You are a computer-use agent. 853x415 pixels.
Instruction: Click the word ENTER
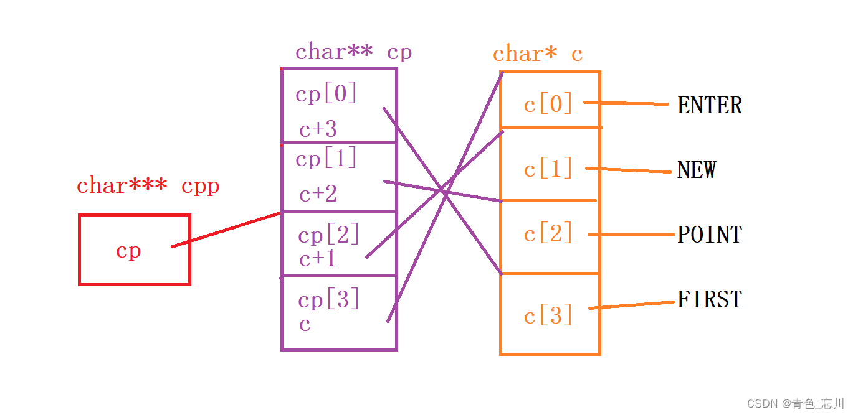pyautogui.click(x=710, y=106)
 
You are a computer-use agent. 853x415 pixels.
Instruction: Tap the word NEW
pyautogui.click(x=697, y=170)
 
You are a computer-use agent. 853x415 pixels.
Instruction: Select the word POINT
pyautogui.click(x=710, y=235)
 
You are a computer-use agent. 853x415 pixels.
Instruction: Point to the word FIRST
pyautogui.click(x=710, y=300)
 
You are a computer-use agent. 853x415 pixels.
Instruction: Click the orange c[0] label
pyautogui.click(x=548, y=105)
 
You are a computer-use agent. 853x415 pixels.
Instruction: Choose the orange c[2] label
pyautogui.click(x=548, y=235)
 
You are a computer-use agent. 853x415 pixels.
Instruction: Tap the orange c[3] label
pyautogui.click(x=548, y=317)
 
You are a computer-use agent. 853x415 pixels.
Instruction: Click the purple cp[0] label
pyautogui.click(x=326, y=95)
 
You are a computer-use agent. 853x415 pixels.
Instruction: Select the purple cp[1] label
pyautogui.click(x=326, y=159)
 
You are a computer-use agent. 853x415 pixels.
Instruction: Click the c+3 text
pyautogui.click(x=318, y=129)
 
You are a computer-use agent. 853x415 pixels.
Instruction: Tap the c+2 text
pyautogui.click(x=318, y=195)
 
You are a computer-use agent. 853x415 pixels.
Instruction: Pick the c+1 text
pyautogui.click(x=318, y=259)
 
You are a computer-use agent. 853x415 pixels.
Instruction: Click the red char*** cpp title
pyautogui.click(x=148, y=186)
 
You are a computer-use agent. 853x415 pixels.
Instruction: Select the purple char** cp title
pyautogui.click(x=353, y=52)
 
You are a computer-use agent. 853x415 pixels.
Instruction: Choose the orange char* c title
pyautogui.click(x=538, y=55)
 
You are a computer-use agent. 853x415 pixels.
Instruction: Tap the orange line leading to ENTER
pyautogui.click(x=626, y=103)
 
